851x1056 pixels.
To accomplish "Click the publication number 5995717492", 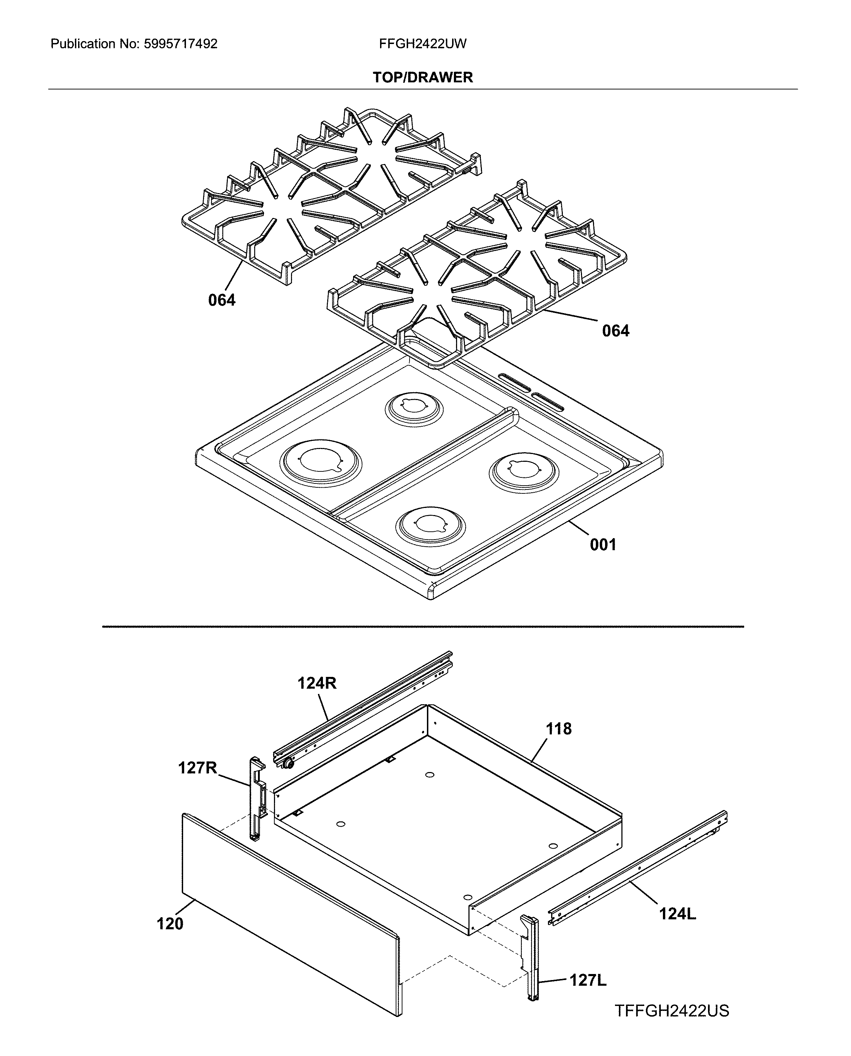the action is point(180,44).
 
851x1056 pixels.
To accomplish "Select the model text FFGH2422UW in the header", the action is point(423,44).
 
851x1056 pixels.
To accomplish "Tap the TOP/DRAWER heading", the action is point(423,77).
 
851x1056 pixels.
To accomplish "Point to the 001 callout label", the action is point(603,544).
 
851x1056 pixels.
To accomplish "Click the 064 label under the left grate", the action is point(221,300).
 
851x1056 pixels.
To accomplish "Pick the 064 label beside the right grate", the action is point(616,331).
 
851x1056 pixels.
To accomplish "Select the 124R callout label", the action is point(317,683).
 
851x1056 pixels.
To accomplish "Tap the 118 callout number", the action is point(559,729).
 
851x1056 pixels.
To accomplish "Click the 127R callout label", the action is point(198,768).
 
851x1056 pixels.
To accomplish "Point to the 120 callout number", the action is point(170,924).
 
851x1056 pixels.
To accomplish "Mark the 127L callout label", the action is point(588,980).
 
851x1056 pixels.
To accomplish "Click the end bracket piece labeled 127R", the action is point(256,799).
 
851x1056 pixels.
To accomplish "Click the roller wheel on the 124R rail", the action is point(288,763).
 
